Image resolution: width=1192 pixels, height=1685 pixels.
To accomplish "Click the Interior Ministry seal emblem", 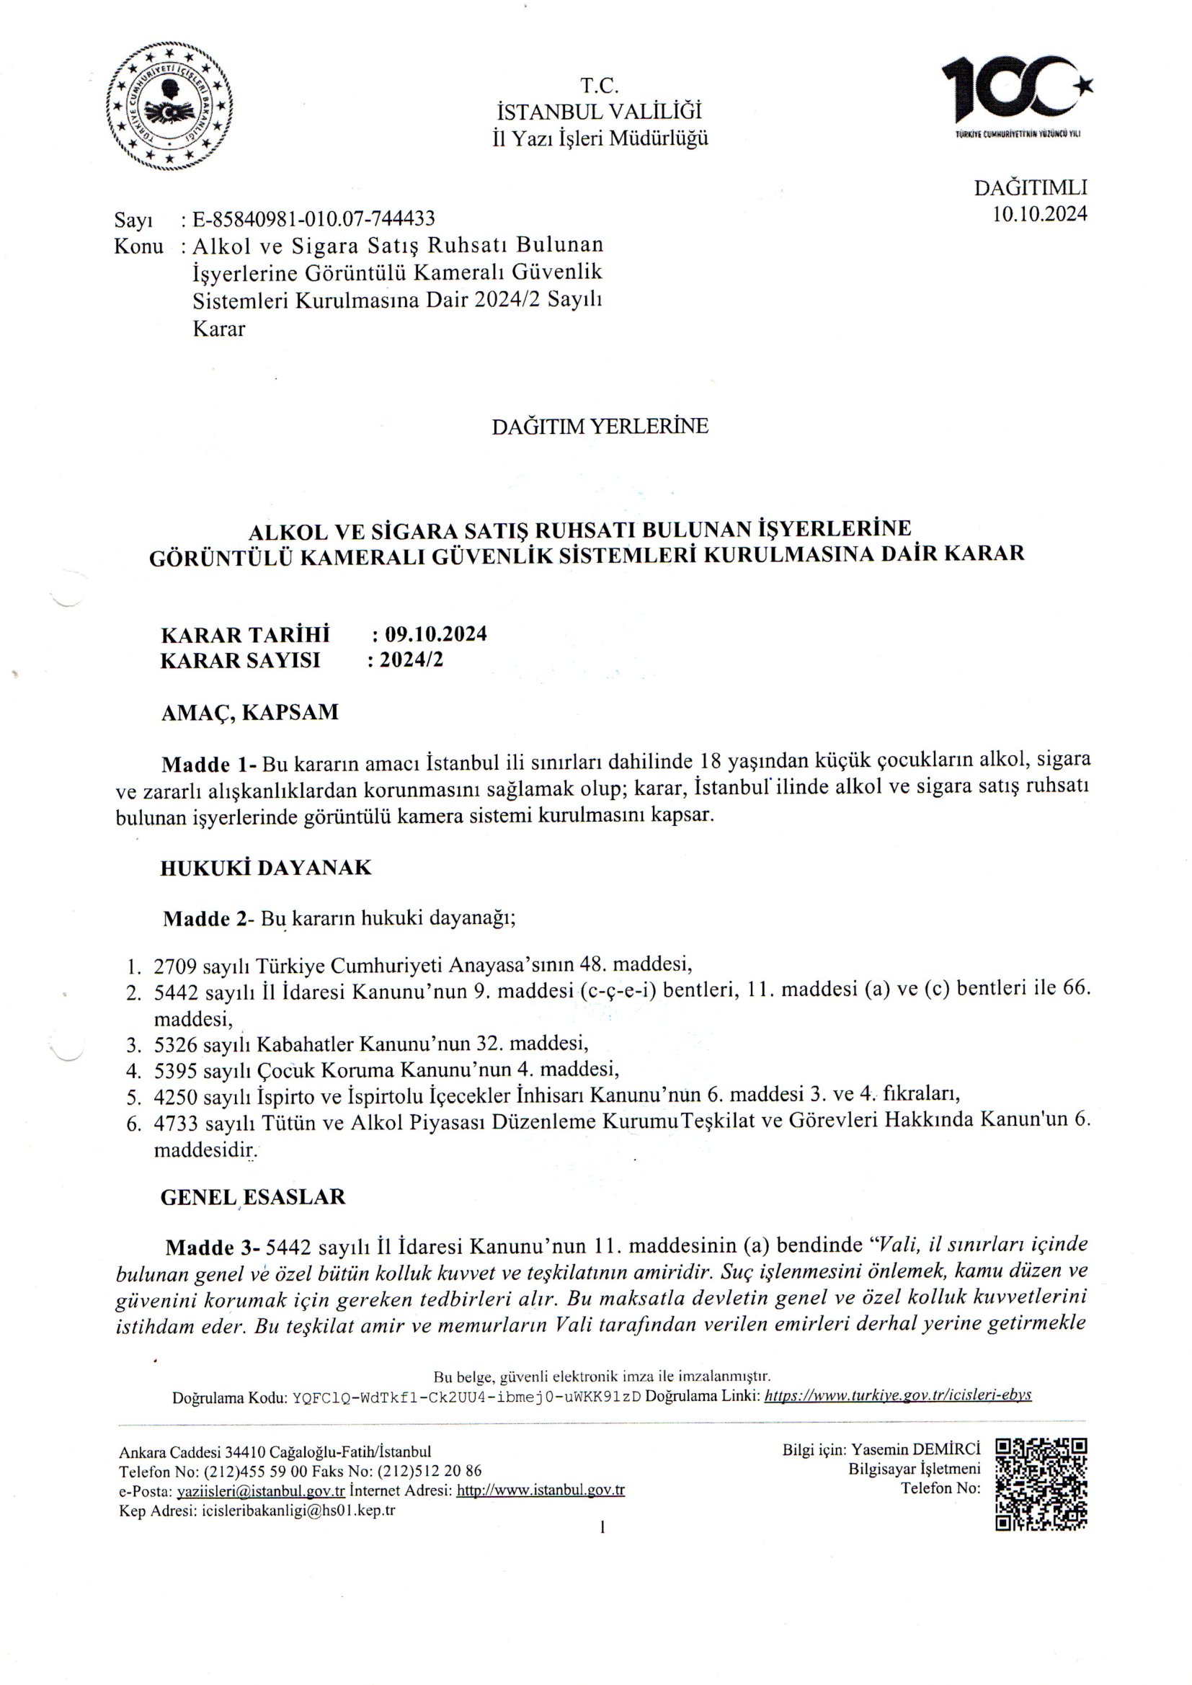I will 169,107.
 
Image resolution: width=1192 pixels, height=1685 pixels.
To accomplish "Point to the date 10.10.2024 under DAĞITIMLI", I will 1039,213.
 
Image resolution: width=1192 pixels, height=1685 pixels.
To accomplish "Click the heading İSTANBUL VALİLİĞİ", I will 600,112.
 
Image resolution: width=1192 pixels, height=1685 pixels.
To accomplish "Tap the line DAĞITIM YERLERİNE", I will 600,427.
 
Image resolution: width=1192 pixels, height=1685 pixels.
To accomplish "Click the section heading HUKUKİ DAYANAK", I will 266,868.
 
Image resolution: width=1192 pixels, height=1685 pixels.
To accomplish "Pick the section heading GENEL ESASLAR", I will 252,1197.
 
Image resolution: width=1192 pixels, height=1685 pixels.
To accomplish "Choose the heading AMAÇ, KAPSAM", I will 249,712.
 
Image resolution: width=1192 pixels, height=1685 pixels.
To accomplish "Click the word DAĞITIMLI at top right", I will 1031,188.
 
